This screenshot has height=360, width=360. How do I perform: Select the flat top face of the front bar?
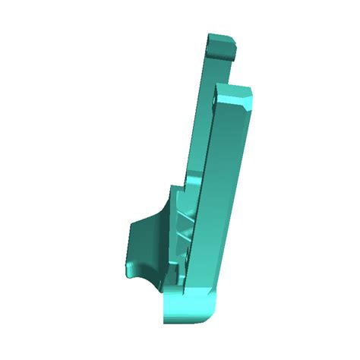point(231,90)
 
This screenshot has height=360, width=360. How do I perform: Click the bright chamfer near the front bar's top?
point(248,99)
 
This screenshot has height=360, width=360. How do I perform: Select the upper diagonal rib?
point(184,220)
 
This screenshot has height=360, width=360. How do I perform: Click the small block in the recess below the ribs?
point(177,271)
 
